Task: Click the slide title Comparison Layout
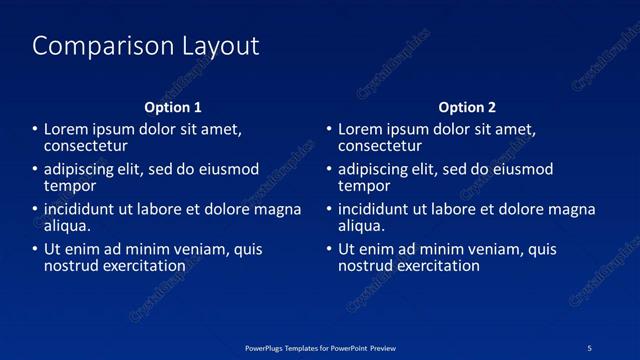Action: [x=146, y=46]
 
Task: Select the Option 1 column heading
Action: [x=173, y=107]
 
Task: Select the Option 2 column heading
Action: [x=467, y=107]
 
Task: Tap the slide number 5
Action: [x=590, y=348]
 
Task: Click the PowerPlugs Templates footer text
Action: [x=320, y=348]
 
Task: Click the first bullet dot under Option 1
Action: [x=35, y=130]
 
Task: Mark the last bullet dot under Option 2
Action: [x=329, y=250]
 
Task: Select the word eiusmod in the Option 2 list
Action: [x=518, y=170]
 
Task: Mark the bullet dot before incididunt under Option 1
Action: [x=35, y=210]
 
